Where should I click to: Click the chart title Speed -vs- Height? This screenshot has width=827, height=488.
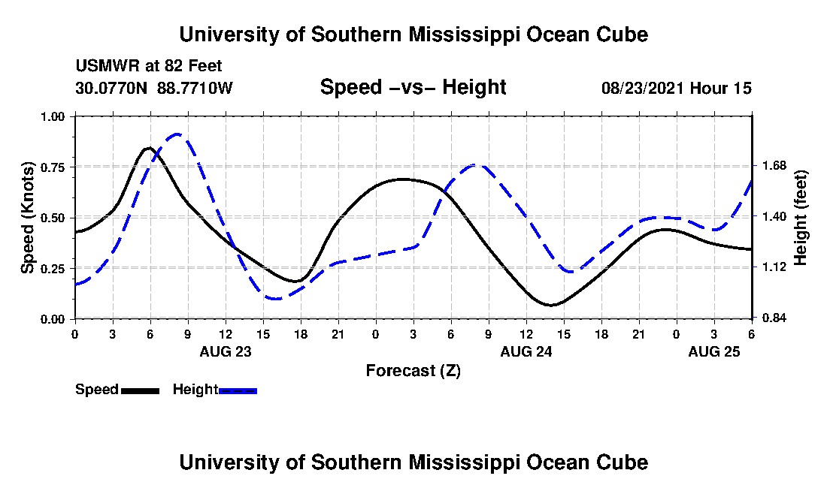tap(413, 87)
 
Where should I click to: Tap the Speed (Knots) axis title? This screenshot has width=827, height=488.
tap(28, 218)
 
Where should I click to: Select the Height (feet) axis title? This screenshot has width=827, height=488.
tap(800, 218)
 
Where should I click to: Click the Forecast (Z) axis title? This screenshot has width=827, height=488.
tap(413, 370)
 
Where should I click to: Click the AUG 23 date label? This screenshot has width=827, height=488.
tap(225, 351)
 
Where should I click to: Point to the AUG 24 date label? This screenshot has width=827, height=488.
tap(526, 351)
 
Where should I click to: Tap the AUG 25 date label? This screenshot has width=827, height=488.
tap(713, 351)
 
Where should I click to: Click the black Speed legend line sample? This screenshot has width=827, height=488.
tap(140, 390)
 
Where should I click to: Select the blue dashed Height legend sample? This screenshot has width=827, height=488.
tap(238, 390)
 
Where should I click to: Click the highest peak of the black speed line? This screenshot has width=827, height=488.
tap(149, 148)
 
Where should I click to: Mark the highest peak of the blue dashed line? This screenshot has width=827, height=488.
tap(177, 134)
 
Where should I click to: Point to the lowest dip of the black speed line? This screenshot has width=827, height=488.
tap(551, 305)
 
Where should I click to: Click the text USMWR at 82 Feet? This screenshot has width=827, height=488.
tap(149, 67)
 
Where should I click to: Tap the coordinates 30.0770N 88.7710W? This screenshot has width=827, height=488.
tap(154, 88)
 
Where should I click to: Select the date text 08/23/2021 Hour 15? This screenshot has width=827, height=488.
tap(676, 88)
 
